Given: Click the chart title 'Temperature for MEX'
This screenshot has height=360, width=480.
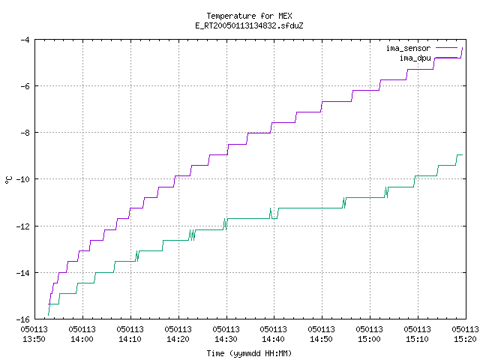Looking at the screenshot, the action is pos(249,16).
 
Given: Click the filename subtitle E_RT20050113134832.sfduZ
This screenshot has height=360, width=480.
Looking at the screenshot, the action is pos(249,25).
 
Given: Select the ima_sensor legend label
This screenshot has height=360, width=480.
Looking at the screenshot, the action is pos(408,48).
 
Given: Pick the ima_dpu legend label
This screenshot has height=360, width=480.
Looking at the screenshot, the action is pos(415,58).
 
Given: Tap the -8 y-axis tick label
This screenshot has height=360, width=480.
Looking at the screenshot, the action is pos(25,133).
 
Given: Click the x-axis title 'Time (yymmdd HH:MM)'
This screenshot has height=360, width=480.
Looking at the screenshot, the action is pos(249,353).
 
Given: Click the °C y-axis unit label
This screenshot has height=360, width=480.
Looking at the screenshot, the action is pos(8,180).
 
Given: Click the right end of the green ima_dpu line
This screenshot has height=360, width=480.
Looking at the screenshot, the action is pos(462,155).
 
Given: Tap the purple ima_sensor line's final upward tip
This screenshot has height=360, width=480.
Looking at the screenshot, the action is pos(462,48).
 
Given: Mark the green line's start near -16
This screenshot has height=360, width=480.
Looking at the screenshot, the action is pos(48,315).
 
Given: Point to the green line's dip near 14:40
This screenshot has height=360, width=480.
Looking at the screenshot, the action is pos(274,218).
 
